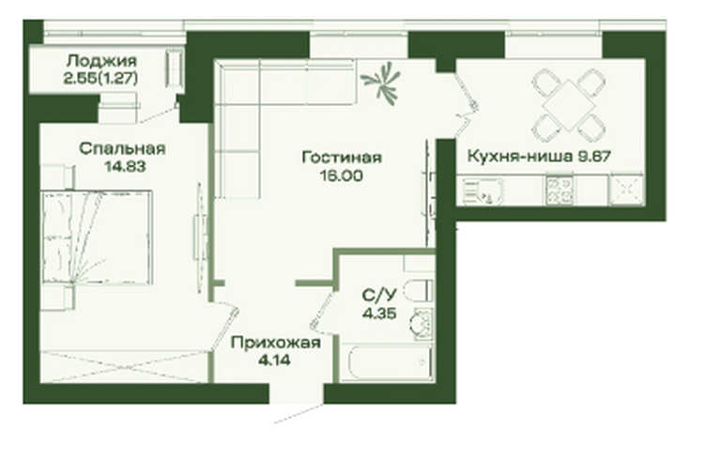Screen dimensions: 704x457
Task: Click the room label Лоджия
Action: point(102,61)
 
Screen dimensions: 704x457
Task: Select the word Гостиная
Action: point(342,158)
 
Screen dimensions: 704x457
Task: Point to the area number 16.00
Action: point(342,176)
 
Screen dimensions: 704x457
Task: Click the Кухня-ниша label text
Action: point(520,157)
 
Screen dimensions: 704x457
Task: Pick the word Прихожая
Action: point(276,343)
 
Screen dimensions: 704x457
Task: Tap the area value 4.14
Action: point(274,360)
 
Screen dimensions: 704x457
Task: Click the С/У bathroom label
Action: point(380,295)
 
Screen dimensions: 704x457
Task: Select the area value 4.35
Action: point(380,312)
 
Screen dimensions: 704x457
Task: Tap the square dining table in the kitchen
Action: point(569,105)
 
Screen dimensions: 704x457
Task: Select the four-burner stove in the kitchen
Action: point(559,190)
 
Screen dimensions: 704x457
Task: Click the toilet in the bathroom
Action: point(419,291)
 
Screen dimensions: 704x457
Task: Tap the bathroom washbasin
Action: point(421,323)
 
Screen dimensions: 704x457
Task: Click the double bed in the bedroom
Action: point(97,237)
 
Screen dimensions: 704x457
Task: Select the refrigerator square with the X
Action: point(626,190)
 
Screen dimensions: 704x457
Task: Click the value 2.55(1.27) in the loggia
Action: point(100,79)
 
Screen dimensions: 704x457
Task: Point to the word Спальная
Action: point(122,148)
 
